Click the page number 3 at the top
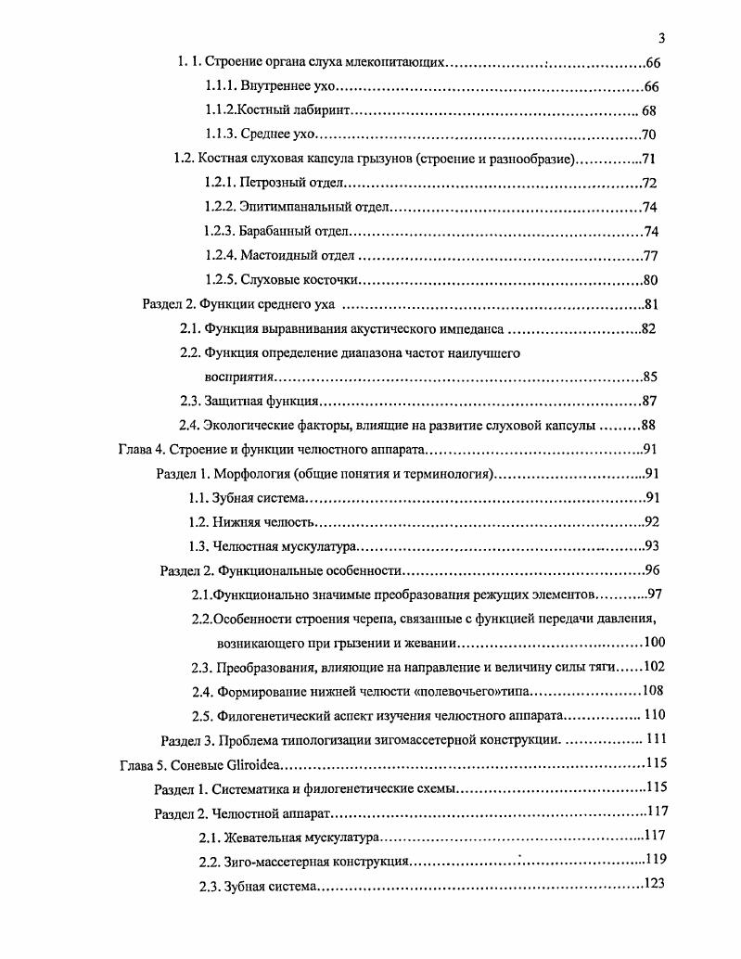click(661, 38)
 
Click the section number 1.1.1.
click(221, 87)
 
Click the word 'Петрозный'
click(271, 183)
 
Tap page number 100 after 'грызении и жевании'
click(654, 642)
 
